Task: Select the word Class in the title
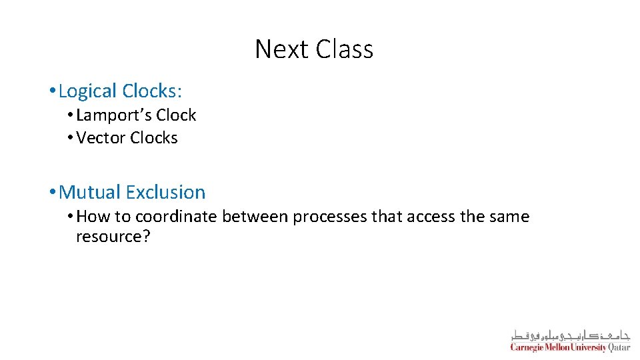[345, 49]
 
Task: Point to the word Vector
[101, 138]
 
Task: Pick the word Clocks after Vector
[154, 138]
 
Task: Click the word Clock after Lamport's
[177, 115]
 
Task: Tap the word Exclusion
[165, 193]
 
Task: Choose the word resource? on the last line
[113, 237]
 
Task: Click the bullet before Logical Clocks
[53, 91]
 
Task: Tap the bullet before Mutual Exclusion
[53, 193]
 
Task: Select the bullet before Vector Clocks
[71, 139]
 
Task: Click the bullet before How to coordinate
[71, 217]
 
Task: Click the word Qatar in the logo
[619, 347]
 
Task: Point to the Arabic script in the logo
[570, 335]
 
